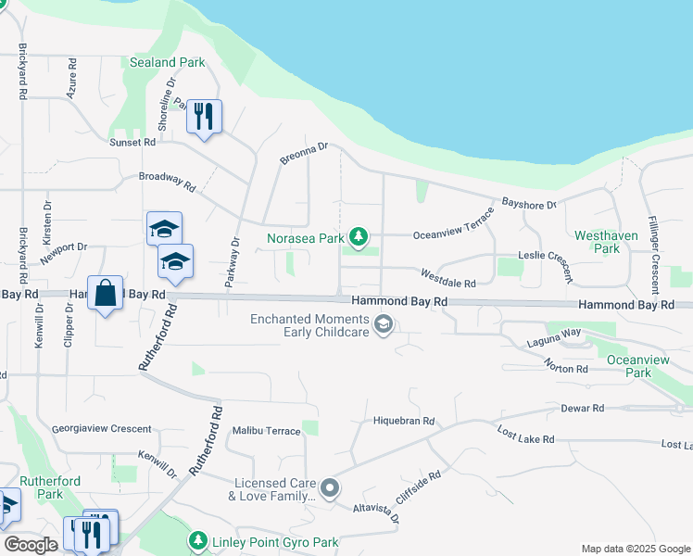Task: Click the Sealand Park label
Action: pyautogui.click(x=168, y=62)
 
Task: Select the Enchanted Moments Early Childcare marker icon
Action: pyautogui.click(x=384, y=324)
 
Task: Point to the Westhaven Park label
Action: pyautogui.click(x=606, y=242)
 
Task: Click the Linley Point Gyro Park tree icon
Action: pyautogui.click(x=197, y=540)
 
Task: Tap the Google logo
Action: pyautogui.click(x=31, y=545)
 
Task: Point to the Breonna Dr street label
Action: pyautogui.click(x=305, y=154)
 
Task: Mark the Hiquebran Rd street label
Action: pyautogui.click(x=403, y=421)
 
